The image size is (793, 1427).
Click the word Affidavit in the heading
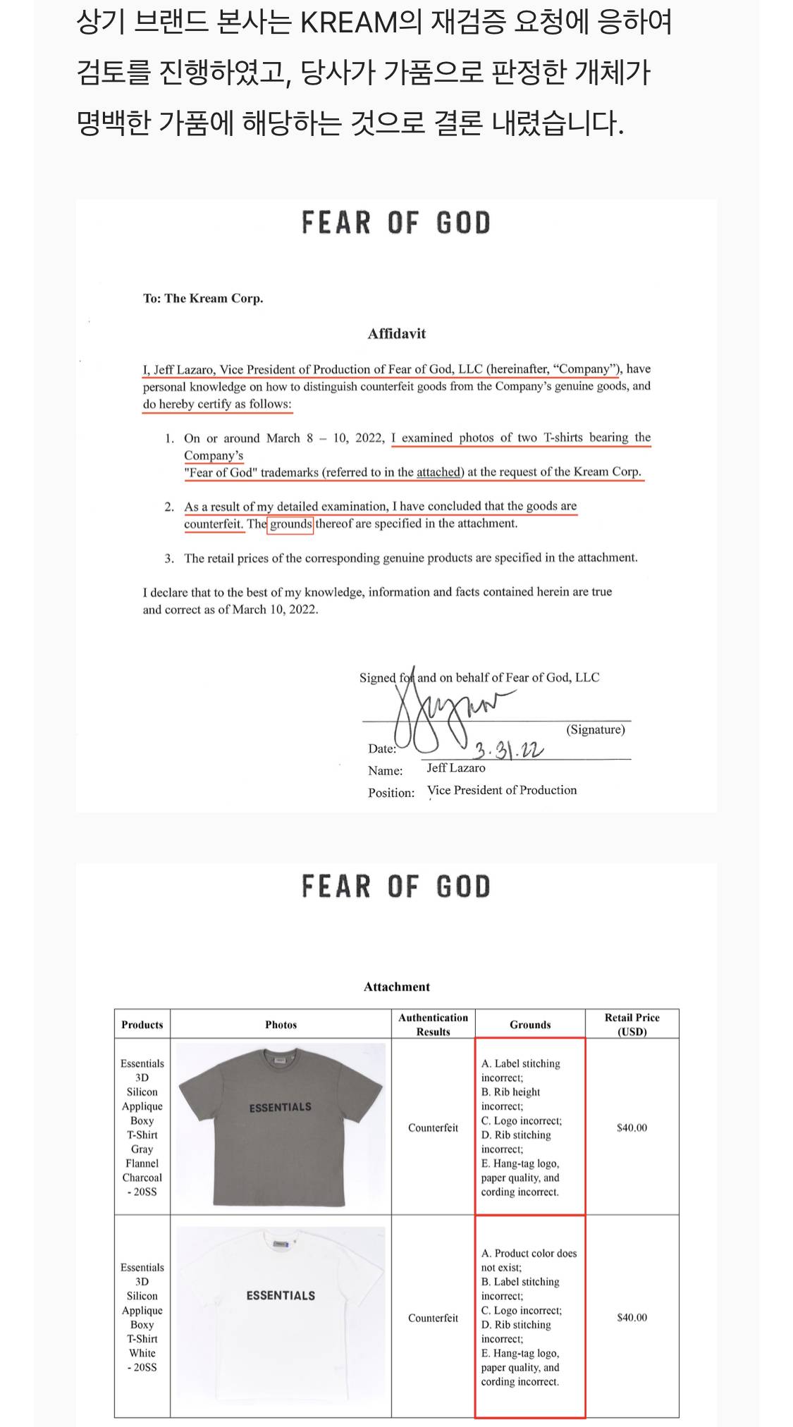pos(396,333)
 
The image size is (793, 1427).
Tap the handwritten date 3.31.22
pos(508,749)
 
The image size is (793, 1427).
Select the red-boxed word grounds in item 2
pos(290,524)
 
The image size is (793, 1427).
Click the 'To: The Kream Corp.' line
pos(203,298)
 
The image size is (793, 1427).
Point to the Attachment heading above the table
pos(396,987)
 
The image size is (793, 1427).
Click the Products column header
pos(142,1025)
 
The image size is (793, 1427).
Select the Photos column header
pos(281,1025)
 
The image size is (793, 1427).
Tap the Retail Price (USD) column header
pos(632,1025)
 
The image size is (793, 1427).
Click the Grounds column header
pos(530,1025)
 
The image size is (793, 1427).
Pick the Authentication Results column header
pos(433,1025)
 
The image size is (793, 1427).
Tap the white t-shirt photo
pos(281,1316)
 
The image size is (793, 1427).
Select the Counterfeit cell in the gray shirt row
pos(433,1128)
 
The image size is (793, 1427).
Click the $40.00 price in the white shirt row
pos(632,1317)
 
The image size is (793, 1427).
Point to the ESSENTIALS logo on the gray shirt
pos(280,1107)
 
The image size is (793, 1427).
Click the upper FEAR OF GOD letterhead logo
pos(395,223)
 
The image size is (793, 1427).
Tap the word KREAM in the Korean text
pos(350,23)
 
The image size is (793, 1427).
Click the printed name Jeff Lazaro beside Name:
pos(455,768)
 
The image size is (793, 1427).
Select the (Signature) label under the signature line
pos(596,729)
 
